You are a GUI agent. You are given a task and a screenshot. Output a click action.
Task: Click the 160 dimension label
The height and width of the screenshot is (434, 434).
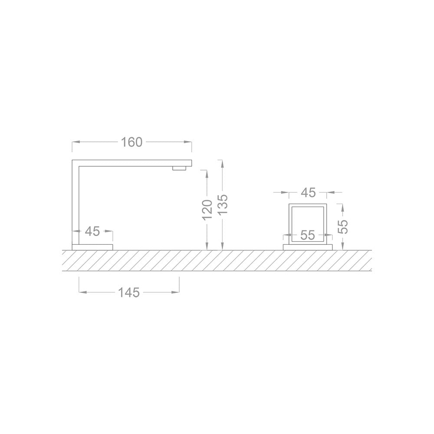point(132,142)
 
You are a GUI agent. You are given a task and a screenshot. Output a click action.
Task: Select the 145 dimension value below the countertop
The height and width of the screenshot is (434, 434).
point(129,293)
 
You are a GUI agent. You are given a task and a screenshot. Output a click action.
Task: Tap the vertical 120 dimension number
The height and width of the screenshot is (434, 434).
point(207,209)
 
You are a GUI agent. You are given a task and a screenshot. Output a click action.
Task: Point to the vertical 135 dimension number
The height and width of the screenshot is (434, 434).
point(222,204)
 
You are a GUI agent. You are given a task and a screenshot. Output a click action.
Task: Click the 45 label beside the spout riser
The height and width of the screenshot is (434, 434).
point(92,231)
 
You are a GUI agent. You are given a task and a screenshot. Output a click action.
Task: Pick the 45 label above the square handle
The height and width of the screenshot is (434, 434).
point(308,192)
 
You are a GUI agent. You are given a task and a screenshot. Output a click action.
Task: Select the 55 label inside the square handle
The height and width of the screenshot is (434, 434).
point(308,236)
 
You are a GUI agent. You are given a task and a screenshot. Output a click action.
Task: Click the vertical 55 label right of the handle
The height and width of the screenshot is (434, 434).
point(343,226)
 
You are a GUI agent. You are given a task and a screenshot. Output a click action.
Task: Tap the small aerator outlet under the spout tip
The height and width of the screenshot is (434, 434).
point(179,168)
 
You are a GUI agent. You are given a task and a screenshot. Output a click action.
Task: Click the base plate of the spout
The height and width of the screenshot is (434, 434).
point(92,247)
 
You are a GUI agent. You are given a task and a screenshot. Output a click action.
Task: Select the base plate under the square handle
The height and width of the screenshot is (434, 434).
point(308,247)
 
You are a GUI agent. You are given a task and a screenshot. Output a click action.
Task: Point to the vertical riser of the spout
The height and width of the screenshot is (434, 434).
point(76,204)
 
